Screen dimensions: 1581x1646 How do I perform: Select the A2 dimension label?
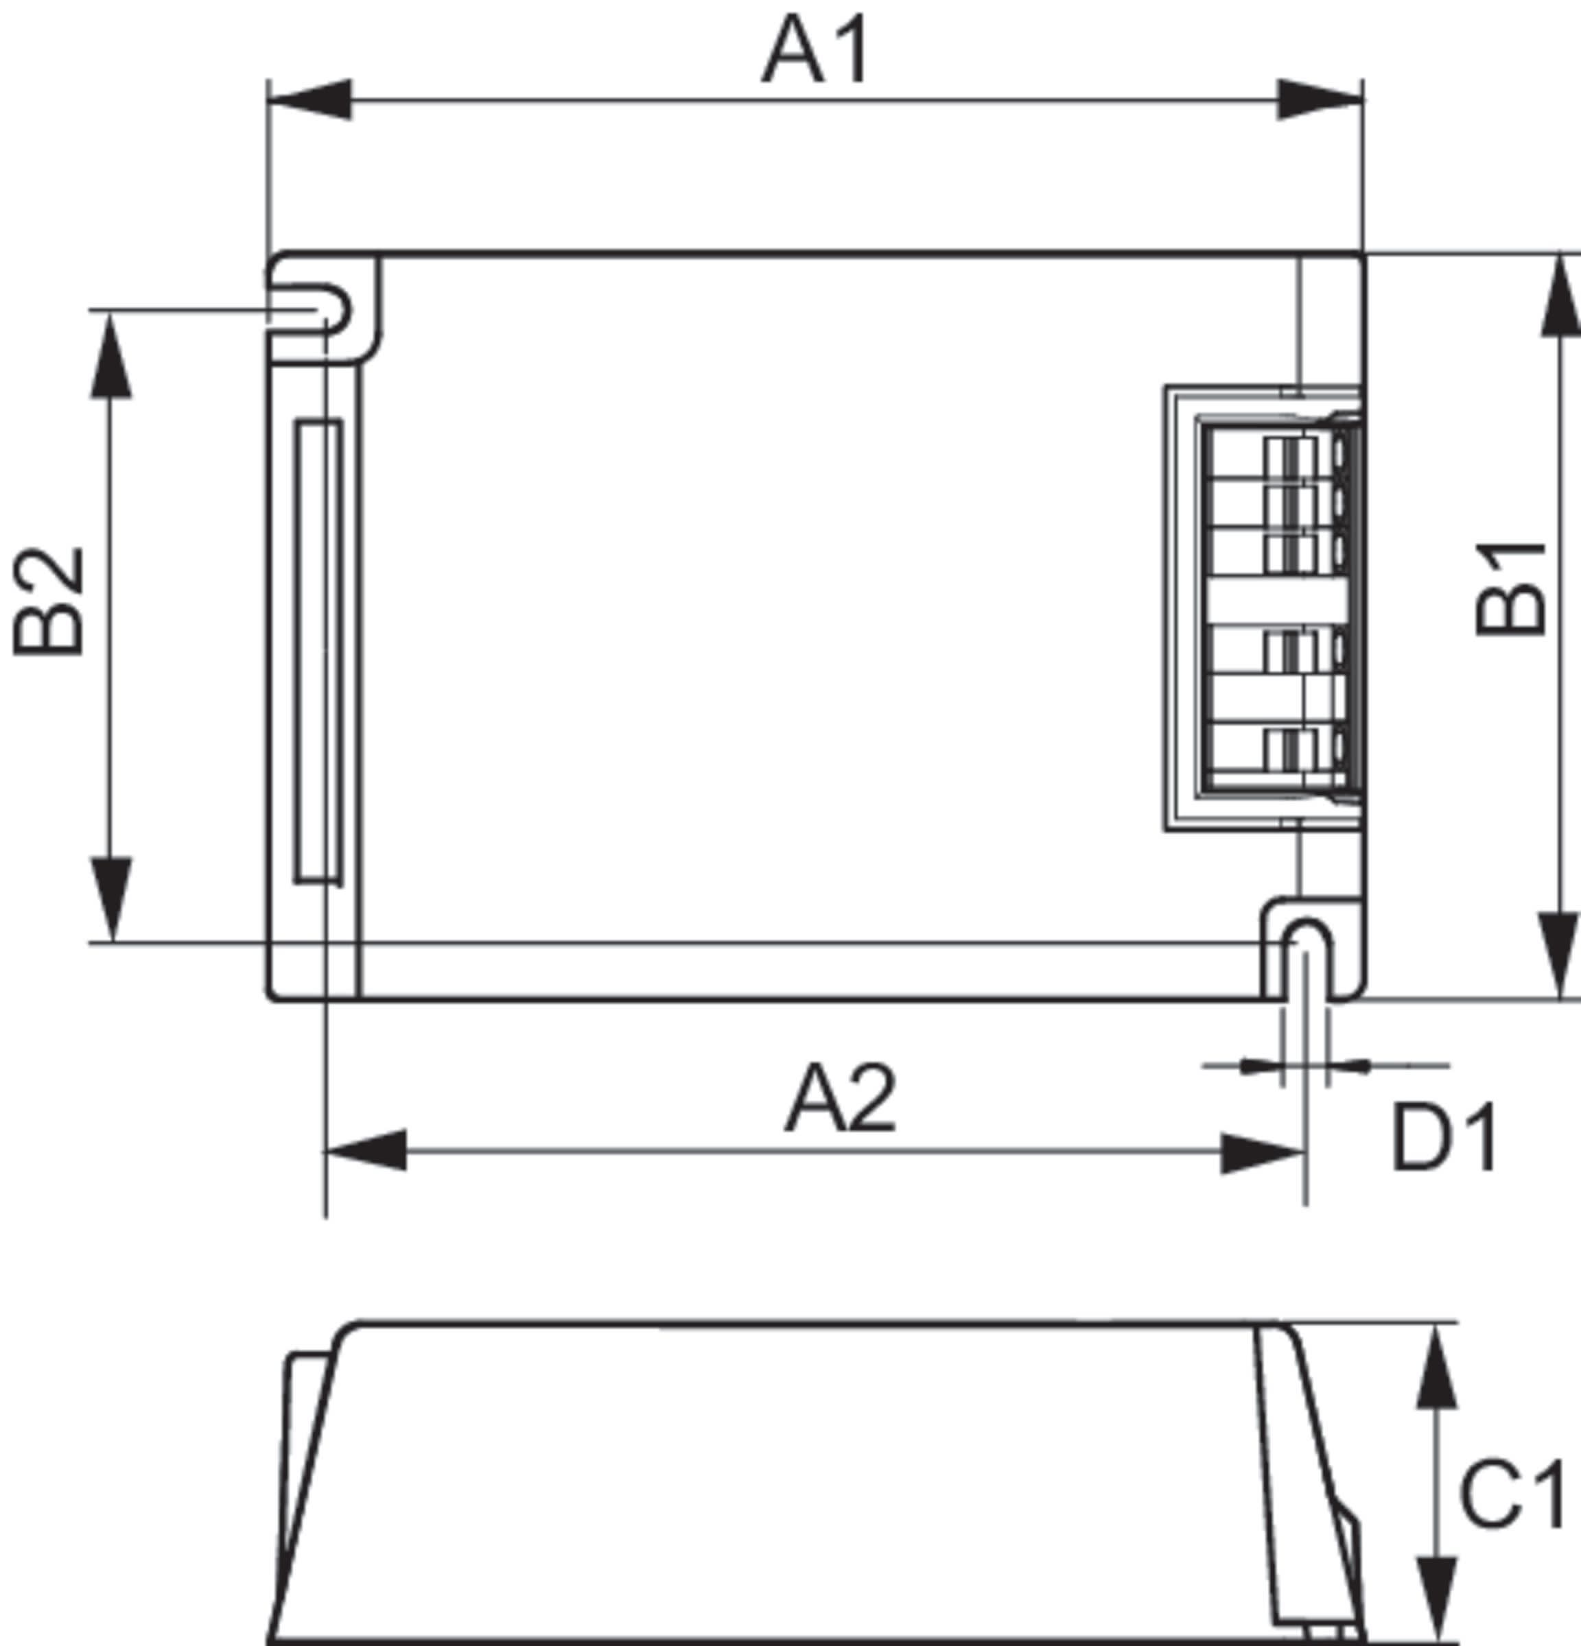tap(840, 1099)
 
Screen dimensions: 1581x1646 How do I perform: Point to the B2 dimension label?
tap(49, 601)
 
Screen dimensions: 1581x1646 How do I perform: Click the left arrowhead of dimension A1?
tap(309, 99)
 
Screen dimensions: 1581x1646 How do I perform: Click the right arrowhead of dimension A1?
tap(1320, 99)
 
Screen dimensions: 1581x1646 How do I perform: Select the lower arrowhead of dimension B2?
tap(111, 898)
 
